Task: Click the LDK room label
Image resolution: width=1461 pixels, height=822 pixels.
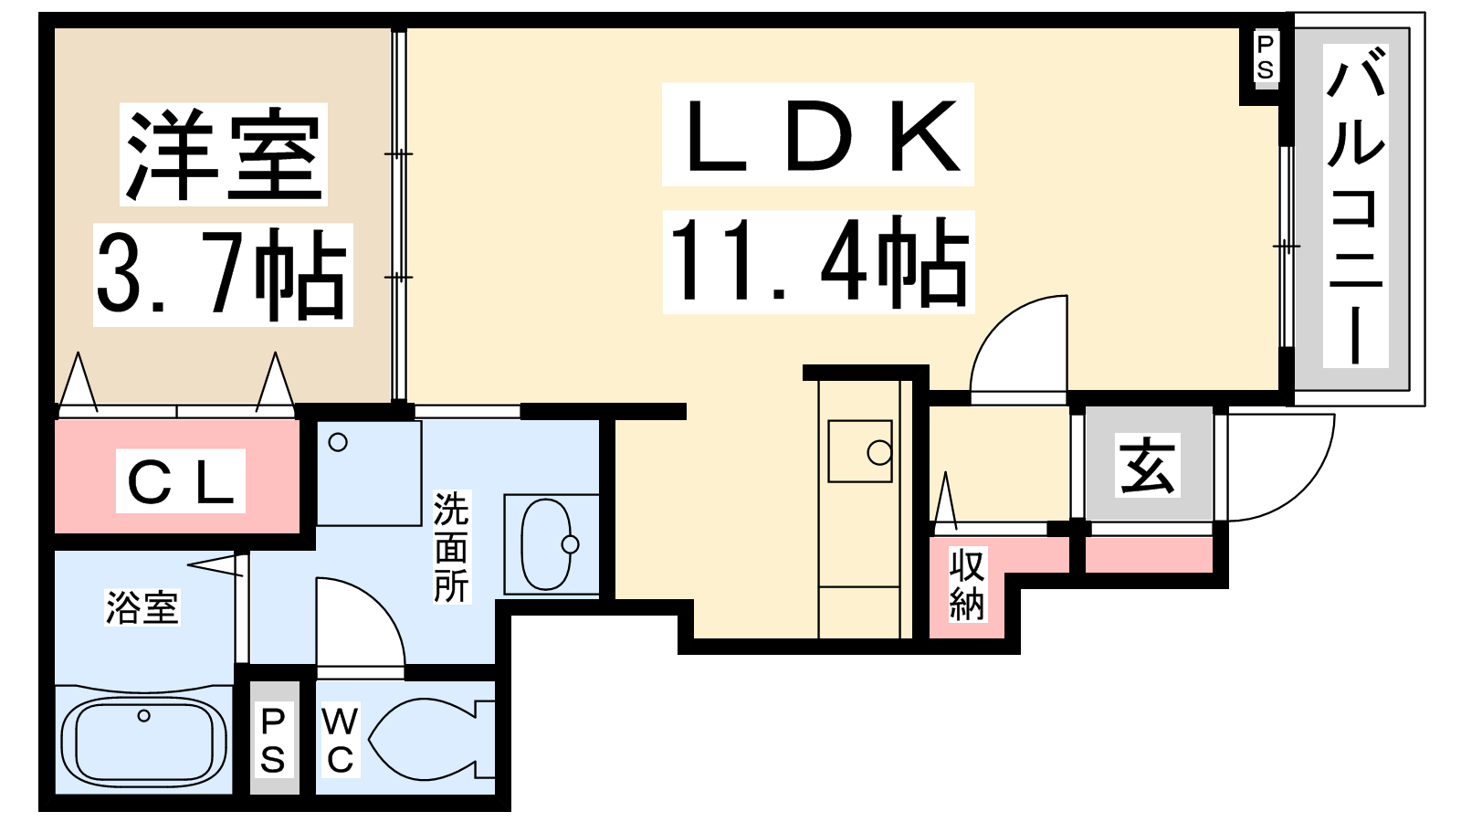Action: [818, 136]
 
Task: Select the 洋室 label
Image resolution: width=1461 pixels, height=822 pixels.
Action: [224, 154]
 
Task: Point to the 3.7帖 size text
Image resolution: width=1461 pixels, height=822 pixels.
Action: [223, 274]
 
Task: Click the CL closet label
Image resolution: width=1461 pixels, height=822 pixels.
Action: [181, 480]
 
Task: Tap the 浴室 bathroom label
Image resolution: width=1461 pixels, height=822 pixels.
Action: [142, 607]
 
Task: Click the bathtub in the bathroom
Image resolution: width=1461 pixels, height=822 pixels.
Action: [143, 741]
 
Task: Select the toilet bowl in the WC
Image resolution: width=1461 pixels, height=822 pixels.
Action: [429, 739]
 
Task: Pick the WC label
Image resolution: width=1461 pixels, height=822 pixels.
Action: [339, 740]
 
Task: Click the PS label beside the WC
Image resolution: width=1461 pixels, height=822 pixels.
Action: [273, 740]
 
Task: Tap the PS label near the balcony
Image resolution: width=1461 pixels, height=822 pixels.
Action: [1265, 57]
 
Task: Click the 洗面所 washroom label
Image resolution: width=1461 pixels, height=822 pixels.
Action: [451, 547]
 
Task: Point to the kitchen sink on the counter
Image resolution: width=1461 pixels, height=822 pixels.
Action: [859, 451]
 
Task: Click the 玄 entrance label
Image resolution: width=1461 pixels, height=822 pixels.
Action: [1148, 466]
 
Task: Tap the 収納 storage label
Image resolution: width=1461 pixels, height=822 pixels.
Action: [967, 585]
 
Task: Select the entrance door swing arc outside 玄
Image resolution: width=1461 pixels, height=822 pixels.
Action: [1278, 466]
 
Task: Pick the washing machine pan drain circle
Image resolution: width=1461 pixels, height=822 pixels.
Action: [338, 443]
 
